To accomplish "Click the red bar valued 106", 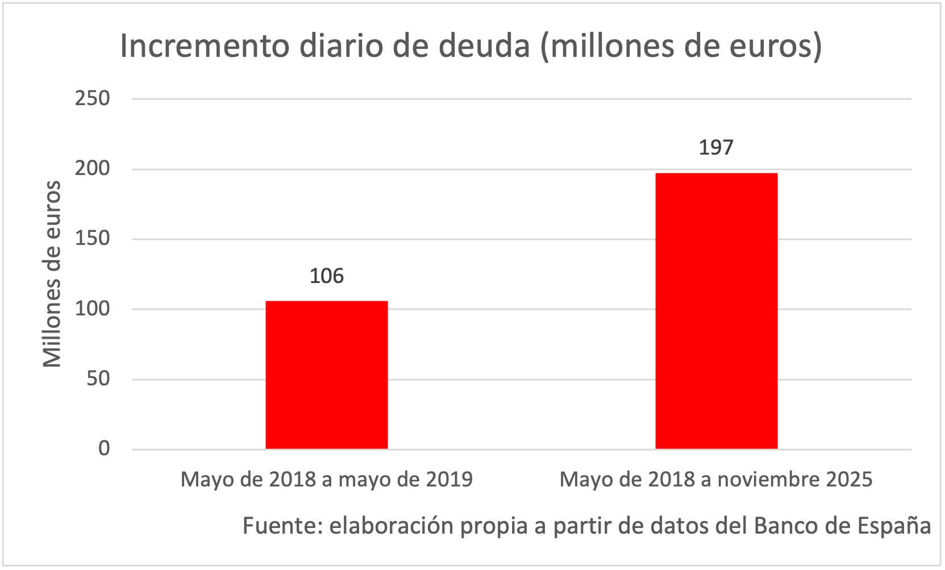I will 327,375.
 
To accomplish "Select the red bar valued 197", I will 716,311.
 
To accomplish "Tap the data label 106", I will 327,276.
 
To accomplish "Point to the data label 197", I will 716,148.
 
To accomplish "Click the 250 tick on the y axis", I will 93,98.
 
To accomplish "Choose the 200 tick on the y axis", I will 93,169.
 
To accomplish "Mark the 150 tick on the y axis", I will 93,239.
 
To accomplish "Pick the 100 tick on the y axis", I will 93,309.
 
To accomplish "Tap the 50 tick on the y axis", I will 98,379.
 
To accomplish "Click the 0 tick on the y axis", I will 104,449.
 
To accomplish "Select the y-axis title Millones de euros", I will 52,274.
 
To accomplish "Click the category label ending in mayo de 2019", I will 327,480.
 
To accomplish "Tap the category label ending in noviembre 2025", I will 716,480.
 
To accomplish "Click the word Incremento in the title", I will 205,47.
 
